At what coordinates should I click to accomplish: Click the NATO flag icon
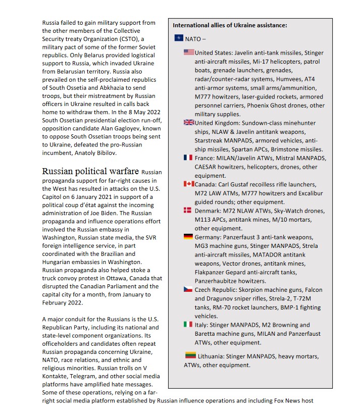179,38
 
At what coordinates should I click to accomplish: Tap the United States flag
189,53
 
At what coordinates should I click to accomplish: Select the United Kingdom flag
189,123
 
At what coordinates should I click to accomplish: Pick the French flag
188,158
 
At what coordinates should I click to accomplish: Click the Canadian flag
189,184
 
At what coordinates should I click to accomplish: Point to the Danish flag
188,211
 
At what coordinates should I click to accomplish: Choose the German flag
188,237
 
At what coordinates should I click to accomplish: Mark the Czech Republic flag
188,289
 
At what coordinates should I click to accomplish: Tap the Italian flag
188,324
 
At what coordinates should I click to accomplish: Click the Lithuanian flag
190,355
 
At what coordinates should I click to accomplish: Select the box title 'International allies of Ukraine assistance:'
230,25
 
